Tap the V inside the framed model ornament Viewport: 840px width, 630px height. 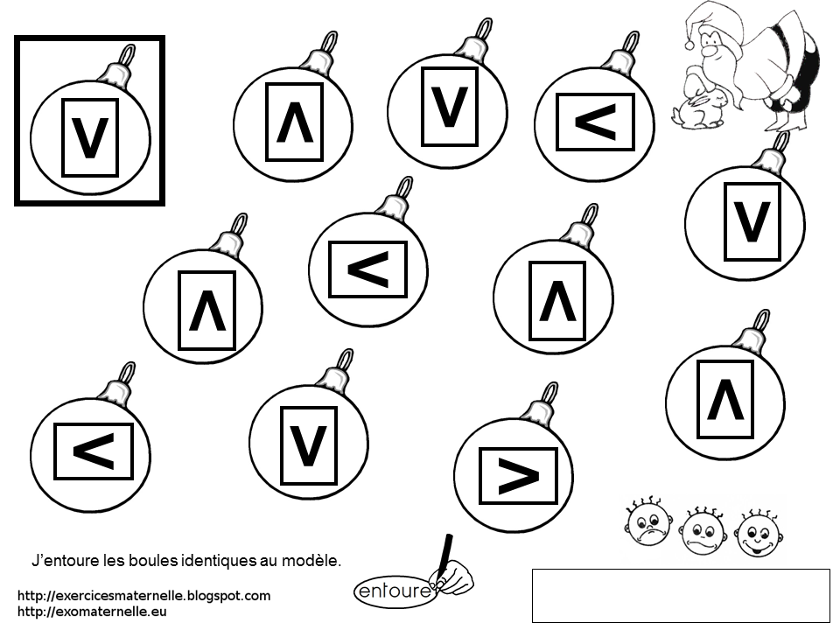click(x=89, y=138)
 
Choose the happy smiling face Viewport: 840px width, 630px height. click(x=757, y=533)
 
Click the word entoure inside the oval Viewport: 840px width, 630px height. click(x=395, y=591)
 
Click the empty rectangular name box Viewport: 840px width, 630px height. click(x=680, y=595)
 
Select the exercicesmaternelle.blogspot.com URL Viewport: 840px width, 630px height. click(x=143, y=596)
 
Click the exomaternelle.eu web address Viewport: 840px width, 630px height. click(x=92, y=612)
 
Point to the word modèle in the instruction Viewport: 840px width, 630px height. click(x=314, y=558)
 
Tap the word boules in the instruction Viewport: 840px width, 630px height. click(x=143, y=558)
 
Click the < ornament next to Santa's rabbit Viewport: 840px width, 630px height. click(x=595, y=122)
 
